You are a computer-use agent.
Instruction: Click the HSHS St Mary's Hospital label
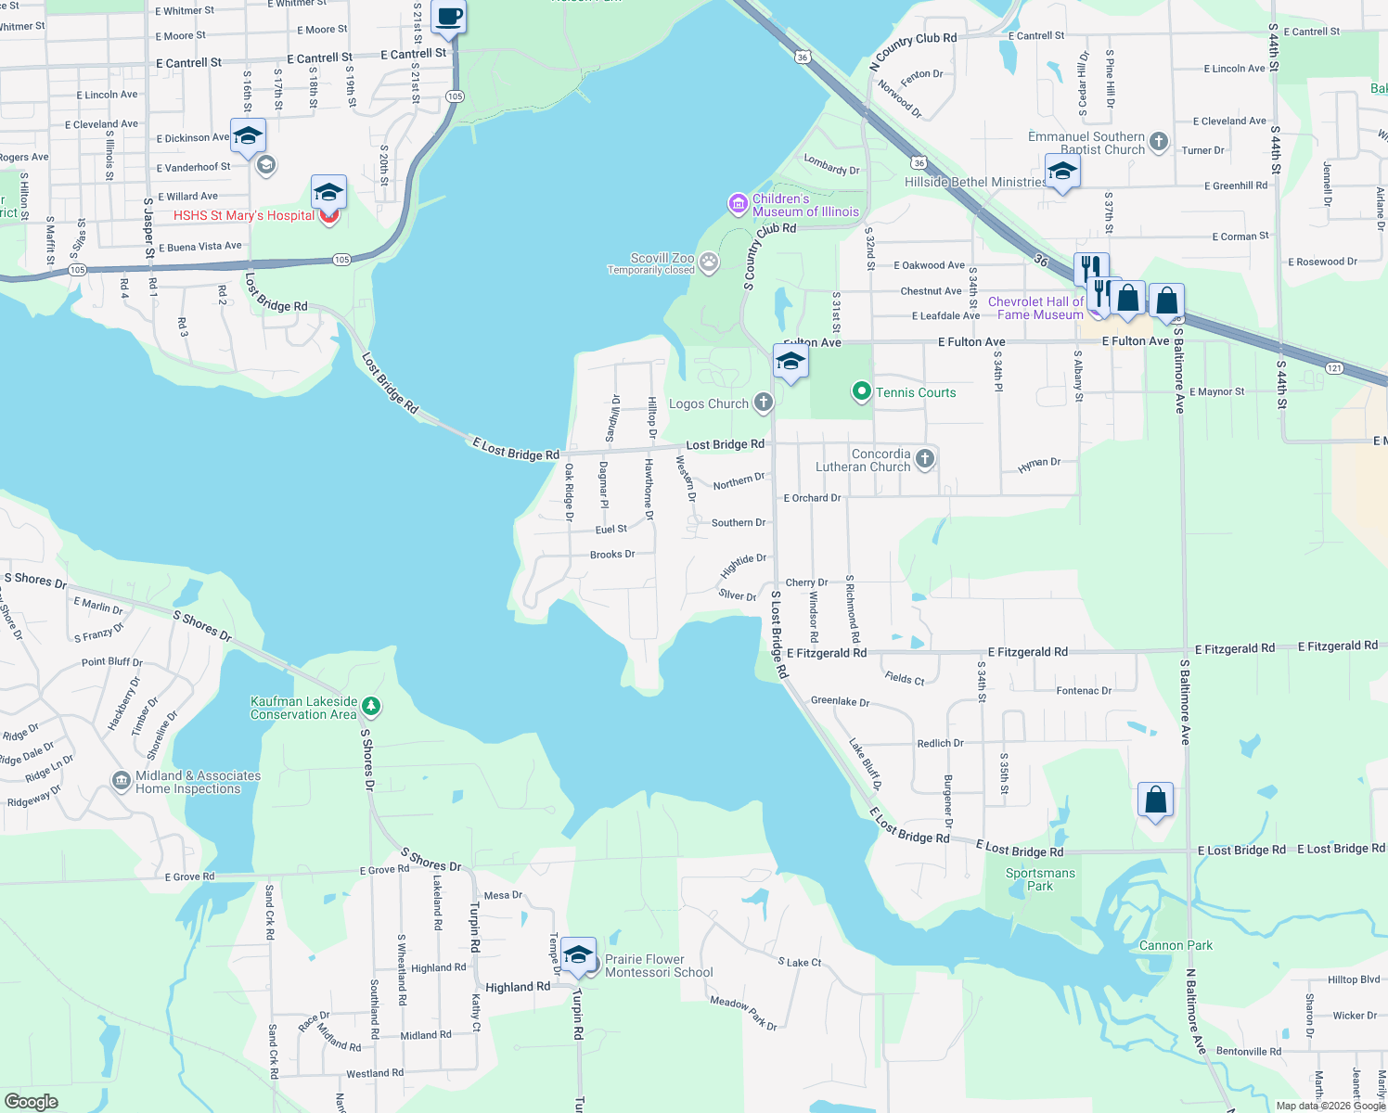tap(244, 215)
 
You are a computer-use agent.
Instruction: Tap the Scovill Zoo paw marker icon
tap(709, 262)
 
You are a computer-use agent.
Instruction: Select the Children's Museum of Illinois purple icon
tap(738, 203)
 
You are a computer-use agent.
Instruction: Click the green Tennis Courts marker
tap(861, 392)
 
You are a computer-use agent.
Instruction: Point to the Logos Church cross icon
tap(763, 403)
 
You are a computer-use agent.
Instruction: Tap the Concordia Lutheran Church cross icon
tap(924, 459)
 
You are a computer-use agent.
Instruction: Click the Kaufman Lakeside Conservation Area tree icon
tap(370, 707)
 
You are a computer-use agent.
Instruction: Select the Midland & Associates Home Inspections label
tap(198, 782)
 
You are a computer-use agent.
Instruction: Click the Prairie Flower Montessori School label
tap(659, 966)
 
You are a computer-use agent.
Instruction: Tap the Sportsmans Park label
tap(1040, 879)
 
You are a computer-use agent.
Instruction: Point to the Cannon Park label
tap(1176, 945)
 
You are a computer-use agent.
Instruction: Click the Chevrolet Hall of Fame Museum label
tap(1035, 308)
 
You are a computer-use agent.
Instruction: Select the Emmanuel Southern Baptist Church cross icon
tap(1158, 142)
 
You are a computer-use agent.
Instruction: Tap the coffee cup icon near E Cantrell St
tap(449, 17)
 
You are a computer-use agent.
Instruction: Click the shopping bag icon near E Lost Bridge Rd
tap(1155, 800)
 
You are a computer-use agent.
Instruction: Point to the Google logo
tap(32, 1102)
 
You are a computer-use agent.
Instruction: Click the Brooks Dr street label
tap(612, 555)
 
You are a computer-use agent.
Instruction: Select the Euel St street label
tap(610, 529)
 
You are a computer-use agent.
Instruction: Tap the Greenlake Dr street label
tap(840, 701)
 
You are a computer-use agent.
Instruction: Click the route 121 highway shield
tap(1333, 367)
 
